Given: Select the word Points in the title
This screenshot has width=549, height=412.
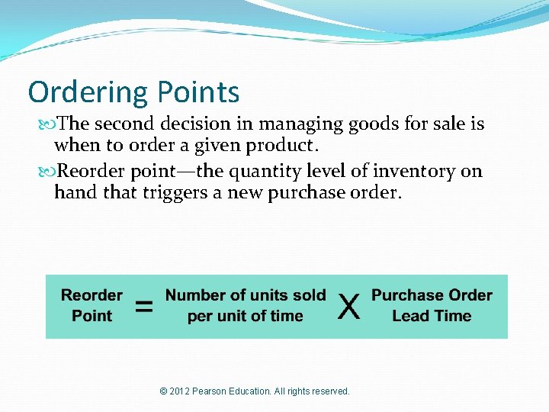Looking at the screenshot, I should (198, 92).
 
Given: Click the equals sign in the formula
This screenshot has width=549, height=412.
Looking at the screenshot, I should (143, 307).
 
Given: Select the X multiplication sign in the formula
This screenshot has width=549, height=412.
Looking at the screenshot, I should (348, 307).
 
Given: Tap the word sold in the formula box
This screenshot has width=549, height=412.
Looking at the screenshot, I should (309, 295).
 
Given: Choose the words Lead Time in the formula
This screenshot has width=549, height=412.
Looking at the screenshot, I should (432, 316).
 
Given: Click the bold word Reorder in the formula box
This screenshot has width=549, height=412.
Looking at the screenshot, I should (91, 295).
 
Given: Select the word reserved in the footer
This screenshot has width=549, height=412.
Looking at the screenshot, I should (329, 391).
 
